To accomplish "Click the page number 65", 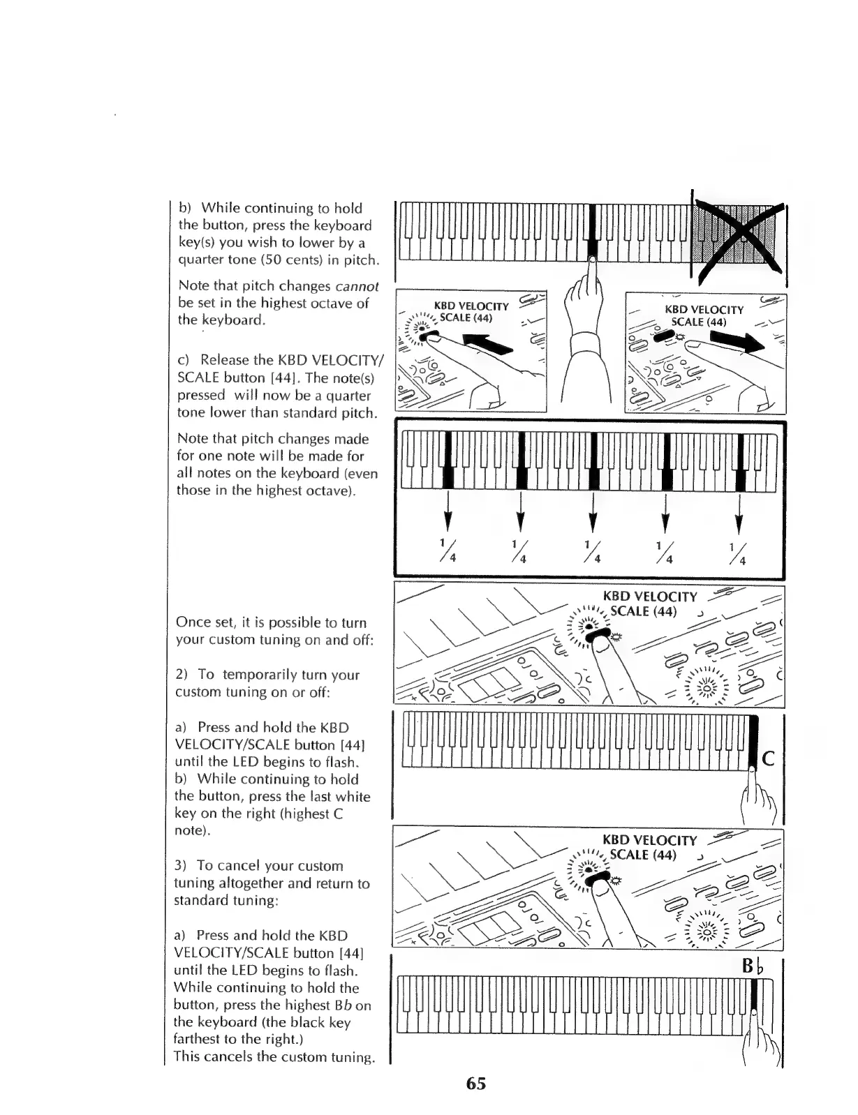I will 476,1084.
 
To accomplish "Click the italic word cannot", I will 357,286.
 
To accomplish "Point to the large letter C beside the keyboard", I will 768,758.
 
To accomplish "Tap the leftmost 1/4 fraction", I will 446,551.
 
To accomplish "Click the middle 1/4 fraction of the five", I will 592,551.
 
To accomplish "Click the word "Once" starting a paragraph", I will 193,622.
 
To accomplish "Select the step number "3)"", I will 182,866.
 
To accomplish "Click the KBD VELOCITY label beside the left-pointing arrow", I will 471,306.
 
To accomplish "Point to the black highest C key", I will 753,743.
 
